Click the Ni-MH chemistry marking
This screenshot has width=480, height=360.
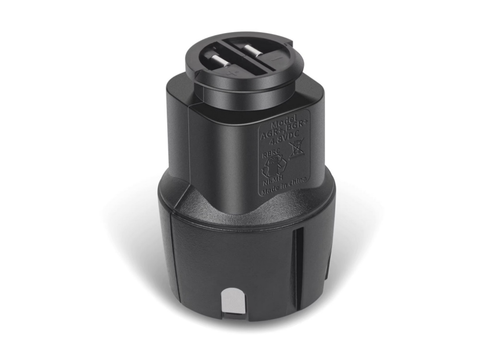coord(272,182)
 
